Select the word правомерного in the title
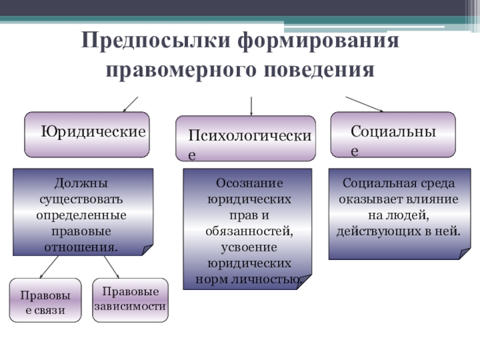point(182,70)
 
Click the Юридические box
point(87,134)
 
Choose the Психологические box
point(245,139)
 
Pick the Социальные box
point(394,134)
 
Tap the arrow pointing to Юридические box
point(130,104)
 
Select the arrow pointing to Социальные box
point(364,104)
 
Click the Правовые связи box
point(46,301)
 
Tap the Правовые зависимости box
point(130,298)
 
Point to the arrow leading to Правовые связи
point(48,267)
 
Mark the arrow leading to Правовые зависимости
point(112,267)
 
